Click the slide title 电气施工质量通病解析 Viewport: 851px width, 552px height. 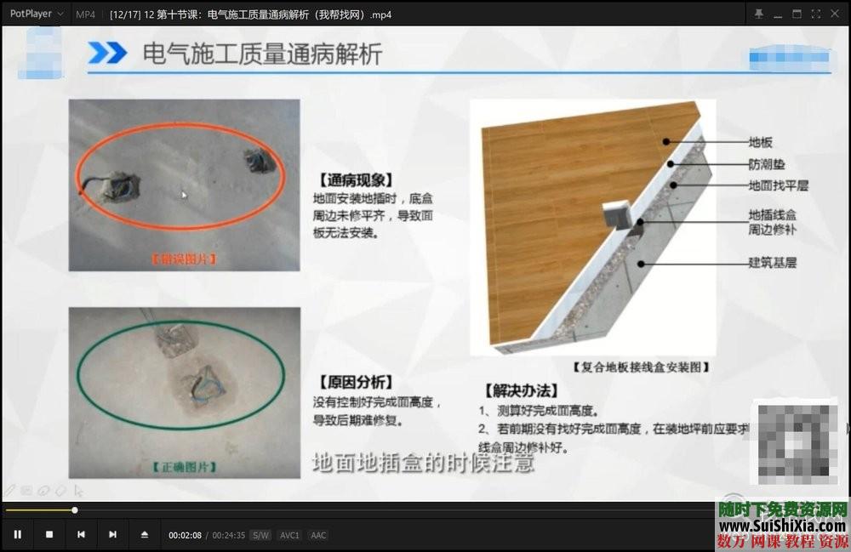(x=262, y=54)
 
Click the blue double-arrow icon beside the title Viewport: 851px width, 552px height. (x=107, y=54)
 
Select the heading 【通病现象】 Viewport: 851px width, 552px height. (x=354, y=180)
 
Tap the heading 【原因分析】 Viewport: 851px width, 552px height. (x=354, y=382)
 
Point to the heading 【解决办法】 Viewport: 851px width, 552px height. (x=521, y=391)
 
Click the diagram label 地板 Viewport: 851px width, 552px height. (x=760, y=142)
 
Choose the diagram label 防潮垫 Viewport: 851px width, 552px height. (x=766, y=163)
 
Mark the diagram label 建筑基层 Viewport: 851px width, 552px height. (x=772, y=263)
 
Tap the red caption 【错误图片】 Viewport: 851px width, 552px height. (x=184, y=259)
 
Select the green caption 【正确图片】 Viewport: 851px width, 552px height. (x=184, y=466)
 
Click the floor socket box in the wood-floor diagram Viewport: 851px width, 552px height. (x=618, y=218)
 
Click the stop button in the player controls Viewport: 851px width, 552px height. (x=49, y=535)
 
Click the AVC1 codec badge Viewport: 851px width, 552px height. (x=289, y=535)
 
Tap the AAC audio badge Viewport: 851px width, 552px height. (x=318, y=535)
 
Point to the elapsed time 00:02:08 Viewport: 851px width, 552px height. (x=185, y=535)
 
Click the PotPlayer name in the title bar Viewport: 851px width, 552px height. (x=31, y=14)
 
